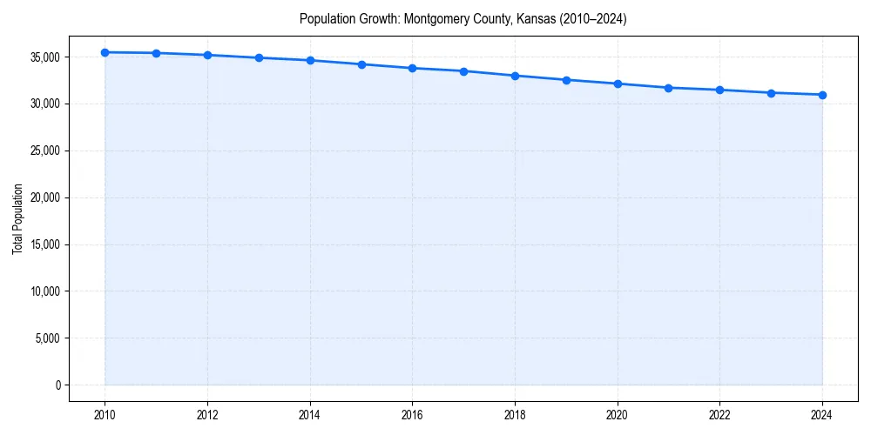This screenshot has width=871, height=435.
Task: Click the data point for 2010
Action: point(105,52)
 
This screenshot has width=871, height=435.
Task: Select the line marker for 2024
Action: point(822,95)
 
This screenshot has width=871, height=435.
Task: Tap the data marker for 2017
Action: point(463,71)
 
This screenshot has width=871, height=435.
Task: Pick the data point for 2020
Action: point(618,84)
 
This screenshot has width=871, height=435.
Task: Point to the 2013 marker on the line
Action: point(259,58)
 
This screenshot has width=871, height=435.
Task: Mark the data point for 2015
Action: point(361,64)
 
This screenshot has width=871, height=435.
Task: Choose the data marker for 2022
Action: point(719,90)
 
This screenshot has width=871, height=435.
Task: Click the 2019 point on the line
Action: point(566,80)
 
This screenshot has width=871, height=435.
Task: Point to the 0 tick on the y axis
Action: point(57,385)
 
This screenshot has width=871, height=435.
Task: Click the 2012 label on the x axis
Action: point(207,414)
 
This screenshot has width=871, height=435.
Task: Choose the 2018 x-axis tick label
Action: point(515,414)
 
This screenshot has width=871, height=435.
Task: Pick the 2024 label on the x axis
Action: point(822,414)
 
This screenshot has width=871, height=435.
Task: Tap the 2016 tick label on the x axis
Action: point(412,414)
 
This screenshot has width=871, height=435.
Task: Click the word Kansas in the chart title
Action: point(522,18)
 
